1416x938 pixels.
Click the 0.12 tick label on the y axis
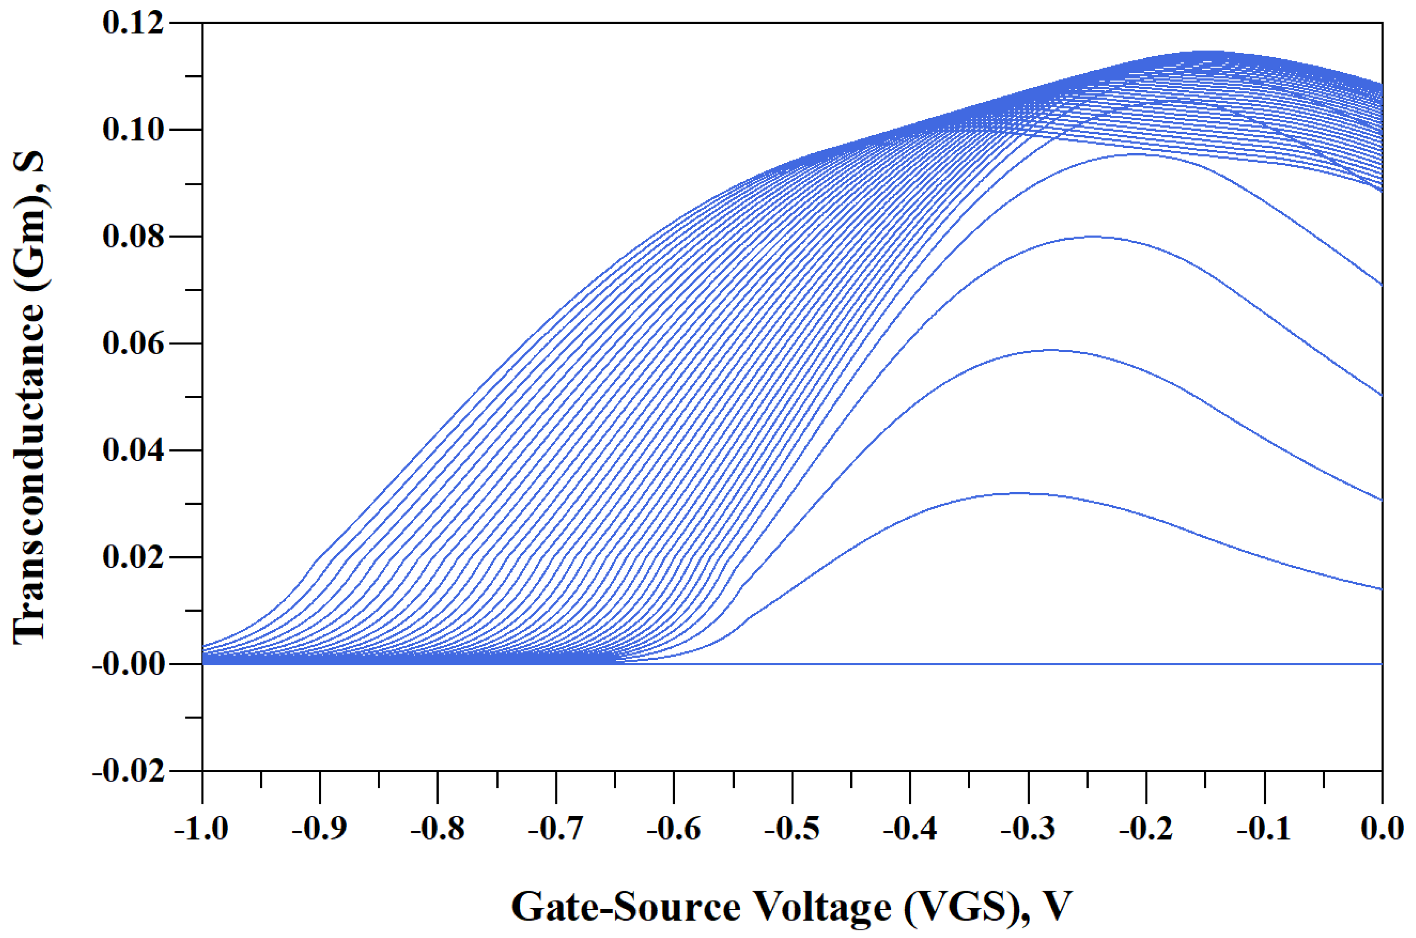click(133, 23)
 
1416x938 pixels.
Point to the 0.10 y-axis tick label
click(133, 130)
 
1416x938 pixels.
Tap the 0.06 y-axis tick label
click(133, 344)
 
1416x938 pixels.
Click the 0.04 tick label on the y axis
click(133, 450)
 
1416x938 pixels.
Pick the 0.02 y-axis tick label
click(133, 558)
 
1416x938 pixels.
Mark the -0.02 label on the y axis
click(128, 772)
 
